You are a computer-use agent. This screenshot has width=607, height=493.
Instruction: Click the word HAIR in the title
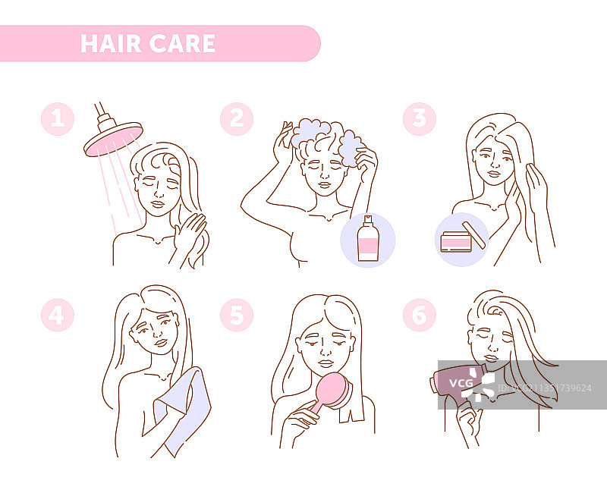pyautogui.click(x=111, y=43)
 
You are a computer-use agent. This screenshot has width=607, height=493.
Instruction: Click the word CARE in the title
pyautogui.click(x=182, y=43)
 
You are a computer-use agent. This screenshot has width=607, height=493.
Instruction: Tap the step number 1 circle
pyautogui.click(x=58, y=119)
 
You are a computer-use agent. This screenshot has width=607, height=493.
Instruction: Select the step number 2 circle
pyautogui.click(x=237, y=119)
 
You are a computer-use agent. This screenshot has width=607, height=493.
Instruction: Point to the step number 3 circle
pyautogui.click(x=420, y=119)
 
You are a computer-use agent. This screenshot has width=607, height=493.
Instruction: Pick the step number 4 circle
pyautogui.click(x=58, y=315)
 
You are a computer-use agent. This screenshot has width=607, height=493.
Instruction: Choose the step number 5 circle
pyautogui.click(x=237, y=315)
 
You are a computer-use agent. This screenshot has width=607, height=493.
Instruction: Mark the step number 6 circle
pyautogui.click(x=420, y=315)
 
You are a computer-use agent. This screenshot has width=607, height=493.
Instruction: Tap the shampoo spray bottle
pyautogui.click(x=368, y=238)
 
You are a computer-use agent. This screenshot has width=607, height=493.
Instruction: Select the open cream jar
pyautogui.click(x=456, y=242)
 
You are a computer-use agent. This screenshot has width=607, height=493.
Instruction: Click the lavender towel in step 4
pyautogui.click(x=183, y=411)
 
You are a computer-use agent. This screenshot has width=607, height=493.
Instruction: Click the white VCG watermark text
pyautogui.click(x=461, y=383)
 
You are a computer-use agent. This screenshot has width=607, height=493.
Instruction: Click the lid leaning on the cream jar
pyautogui.click(x=473, y=235)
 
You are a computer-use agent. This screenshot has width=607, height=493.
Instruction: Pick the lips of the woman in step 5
pyautogui.click(x=326, y=363)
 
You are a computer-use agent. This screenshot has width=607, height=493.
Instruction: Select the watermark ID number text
pyautogui.click(x=544, y=388)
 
